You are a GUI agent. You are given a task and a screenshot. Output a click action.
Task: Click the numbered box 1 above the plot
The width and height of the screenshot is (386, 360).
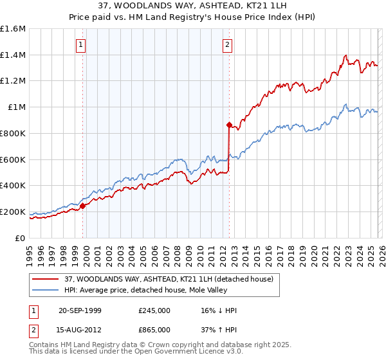tap(81, 44)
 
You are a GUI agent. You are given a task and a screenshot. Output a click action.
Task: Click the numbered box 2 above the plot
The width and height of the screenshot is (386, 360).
tap(228, 44)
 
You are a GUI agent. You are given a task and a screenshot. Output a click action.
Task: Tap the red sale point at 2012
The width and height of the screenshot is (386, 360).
tap(229, 125)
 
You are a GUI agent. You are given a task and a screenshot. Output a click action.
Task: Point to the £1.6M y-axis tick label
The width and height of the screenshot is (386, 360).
tap(13, 29)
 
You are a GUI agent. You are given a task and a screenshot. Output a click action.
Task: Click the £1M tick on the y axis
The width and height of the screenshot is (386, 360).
tap(16, 107)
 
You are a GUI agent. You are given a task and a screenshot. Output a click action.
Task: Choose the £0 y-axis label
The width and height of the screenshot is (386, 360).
tap(21, 238)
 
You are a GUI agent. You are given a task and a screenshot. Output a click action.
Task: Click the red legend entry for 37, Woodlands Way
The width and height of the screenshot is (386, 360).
tap(169, 279)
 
